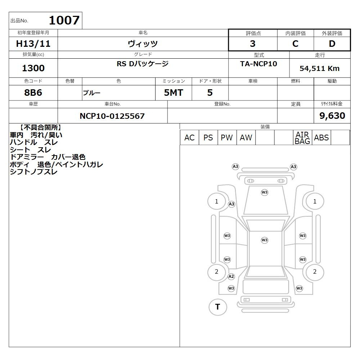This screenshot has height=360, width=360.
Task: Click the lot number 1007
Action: point(64,20)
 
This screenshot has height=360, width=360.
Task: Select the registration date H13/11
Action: point(33,44)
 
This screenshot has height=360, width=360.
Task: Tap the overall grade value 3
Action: point(253,44)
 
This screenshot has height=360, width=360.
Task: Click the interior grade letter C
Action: point(295,44)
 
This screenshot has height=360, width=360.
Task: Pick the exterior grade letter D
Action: point(332,44)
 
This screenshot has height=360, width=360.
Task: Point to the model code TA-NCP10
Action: point(258,64)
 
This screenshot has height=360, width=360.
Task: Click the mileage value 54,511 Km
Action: point(320,68)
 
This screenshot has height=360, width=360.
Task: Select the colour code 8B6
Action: point(33,93)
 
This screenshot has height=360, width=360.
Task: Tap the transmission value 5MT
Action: point(174,93)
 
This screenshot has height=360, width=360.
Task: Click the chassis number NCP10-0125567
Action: point(112,116)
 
